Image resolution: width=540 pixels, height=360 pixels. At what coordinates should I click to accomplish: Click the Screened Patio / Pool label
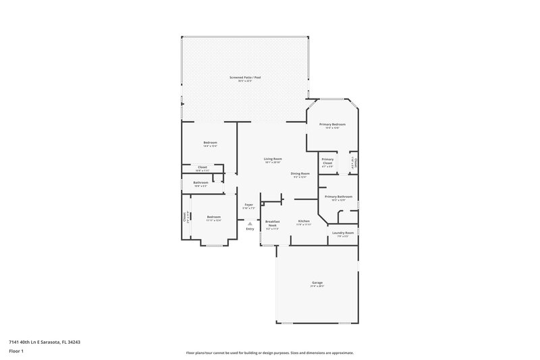coord(244,78)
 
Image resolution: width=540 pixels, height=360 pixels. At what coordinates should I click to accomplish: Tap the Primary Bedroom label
coord(332,124)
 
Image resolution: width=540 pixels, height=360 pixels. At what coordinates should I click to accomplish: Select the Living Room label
coord(273,159)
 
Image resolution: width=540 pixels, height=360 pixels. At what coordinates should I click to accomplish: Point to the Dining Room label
coord(300,174)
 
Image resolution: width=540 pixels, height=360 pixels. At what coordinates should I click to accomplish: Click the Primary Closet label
coord(327,161)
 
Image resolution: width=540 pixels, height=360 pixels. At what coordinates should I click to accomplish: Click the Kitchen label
coord(304,222)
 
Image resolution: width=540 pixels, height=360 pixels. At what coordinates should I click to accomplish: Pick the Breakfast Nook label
coord(272,224)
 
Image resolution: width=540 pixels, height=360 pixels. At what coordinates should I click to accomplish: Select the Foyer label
coord(248,205)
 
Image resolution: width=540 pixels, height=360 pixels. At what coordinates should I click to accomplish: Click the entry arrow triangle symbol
coord(250,222)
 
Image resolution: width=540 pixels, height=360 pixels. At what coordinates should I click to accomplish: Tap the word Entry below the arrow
coord(250,229)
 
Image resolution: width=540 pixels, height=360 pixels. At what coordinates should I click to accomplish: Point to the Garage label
coord(317,282)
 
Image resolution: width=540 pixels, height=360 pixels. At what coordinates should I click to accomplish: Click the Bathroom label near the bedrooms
coord(200,182)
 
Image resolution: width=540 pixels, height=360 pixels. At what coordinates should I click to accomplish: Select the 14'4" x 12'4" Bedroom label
coord(211,143)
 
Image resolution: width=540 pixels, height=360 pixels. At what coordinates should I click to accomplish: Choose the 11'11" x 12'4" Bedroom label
coord(214,217)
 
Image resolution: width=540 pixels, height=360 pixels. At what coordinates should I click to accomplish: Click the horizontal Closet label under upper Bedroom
coord(202,167)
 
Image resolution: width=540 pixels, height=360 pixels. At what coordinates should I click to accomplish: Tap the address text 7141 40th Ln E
coord(40,342)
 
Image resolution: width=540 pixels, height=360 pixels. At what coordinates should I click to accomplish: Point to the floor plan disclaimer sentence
coord(270,353)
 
